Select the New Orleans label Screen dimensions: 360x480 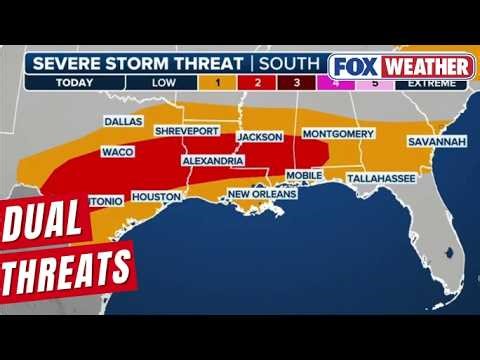[261, 194]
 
